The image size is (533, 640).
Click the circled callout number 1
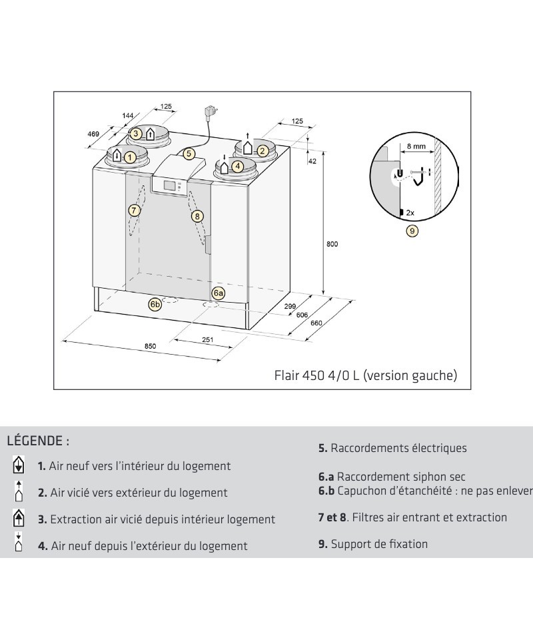(x=130, y=157)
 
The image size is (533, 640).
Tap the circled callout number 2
(x=263, y=151)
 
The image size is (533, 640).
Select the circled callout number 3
(x=136, y=133)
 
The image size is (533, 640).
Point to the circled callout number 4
(x=238, y=167)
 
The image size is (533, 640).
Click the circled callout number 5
(x=189, y=153)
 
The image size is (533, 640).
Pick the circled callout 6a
(x=219, y=293)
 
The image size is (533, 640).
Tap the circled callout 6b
(x=155, y=304)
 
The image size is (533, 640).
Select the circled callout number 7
(x=134, y=210)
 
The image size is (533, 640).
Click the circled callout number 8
(x=197, y=215)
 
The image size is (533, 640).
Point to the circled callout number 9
(x=412, y=231)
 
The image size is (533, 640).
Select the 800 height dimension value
(x=332, y=244)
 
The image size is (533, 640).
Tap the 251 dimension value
(x=207, y=340)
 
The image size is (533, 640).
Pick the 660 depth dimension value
(x=316, y=323)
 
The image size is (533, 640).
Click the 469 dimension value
(x=94, y=134)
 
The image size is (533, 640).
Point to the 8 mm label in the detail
(x=418, y=145)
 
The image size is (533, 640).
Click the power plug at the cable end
(x=212, y=112)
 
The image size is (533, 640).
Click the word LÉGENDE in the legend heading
(x=35, y=441)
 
